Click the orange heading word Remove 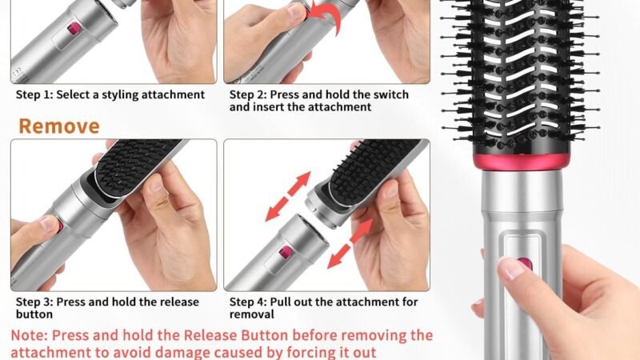point(59,126)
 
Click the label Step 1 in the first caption point(34,94)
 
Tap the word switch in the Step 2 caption point(390,94)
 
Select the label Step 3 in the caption point(34,302)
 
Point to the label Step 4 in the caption point(248,302)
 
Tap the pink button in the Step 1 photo point(74,29)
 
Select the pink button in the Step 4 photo point(286,253)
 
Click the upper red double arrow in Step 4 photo point(288,196)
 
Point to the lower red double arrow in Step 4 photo point(350,244)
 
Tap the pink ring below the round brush point(522,161)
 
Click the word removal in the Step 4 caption point(251,314)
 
